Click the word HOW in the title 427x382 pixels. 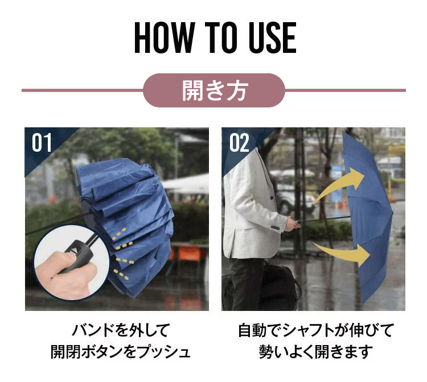click(165, 38)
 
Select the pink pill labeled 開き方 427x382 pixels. click(213, 90)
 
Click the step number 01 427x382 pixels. click(42, 143)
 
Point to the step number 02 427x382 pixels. click(239, 143)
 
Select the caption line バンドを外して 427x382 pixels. click(121, 330)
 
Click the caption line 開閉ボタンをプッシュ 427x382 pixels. click(120, 352)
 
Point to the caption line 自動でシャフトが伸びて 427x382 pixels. click(316, 330)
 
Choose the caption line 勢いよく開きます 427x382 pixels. click(316, 352)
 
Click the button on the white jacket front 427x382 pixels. click(272, 198)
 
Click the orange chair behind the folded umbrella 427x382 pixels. click(189, 254)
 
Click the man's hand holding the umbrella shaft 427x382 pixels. click(293, 225)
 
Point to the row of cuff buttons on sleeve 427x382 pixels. click(276, 227)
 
